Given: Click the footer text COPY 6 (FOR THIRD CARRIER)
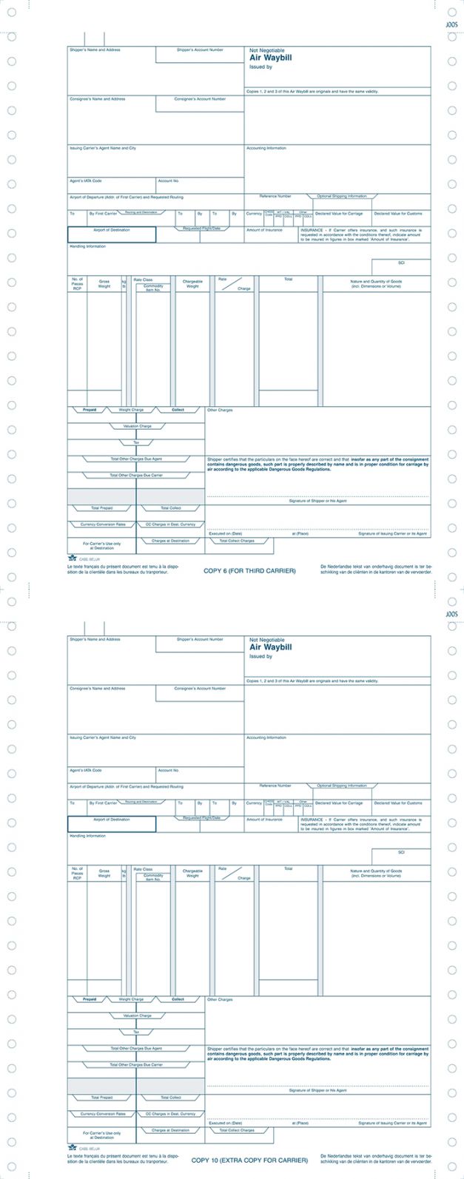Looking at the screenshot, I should click(x=249, y=570).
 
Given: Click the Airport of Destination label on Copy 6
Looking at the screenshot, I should click(x=111, y=230).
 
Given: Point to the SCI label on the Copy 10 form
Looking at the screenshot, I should click(x=401, y=852).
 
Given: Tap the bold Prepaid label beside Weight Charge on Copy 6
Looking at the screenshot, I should click(x=89, y=410).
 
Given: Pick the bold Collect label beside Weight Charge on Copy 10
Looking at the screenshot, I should click(x=178, y=999).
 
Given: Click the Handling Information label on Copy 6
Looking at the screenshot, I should click(x=87, y=246).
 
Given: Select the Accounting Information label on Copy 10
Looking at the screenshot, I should click(x=266, y=737).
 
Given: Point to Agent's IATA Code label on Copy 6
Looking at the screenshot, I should click(x=86, y=180).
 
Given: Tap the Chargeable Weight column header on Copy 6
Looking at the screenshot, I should click(x=192, y=283).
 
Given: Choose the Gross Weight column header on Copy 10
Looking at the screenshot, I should click(x=104, y=873).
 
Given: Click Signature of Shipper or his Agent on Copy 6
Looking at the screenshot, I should click(x=317, y=501).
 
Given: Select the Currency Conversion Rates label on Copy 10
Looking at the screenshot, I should click(x=103, y=1113).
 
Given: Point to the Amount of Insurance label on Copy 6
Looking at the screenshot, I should click(x=264, y=230).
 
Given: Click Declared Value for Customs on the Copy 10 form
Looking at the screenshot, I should click(x=398, y=803).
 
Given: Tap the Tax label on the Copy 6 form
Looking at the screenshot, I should click(x=136, y=442).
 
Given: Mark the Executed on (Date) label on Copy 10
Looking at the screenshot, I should click(x=225, y=1123).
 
